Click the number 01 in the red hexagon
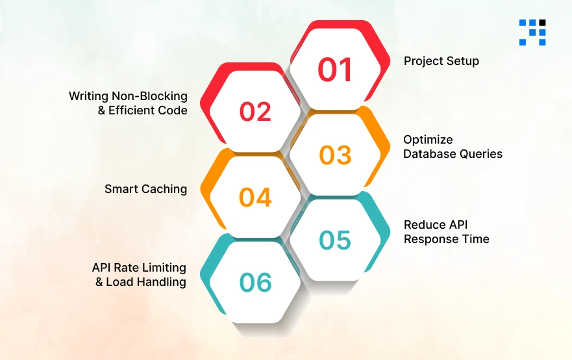click(x=335, y=70)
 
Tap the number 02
click(x=255, y=112)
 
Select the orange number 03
click(x=335, y=155)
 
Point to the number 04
click(x=255, y=197)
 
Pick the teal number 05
click(x=335, y=240)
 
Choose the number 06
click(x=255, y=282)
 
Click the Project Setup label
click(x=441, y=61)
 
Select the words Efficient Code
click(x=148, y=110)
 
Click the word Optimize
click(x=428, y=140)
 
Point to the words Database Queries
click(x=453, y=154)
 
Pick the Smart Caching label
click(x=145, y=189)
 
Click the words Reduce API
click(x=434, y=225)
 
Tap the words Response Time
click(x=446, y=239)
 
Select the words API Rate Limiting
click(x=139, y=268)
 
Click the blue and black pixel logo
click(x=532, y=32)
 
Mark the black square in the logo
click(x=542, y=23)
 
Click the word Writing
click(x=90, y=96)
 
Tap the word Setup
click(x=462, y=61)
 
